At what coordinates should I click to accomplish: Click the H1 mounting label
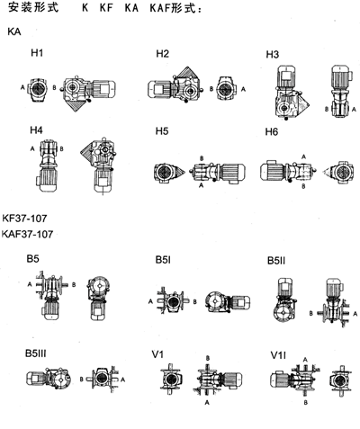37,53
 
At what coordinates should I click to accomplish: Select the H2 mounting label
162,54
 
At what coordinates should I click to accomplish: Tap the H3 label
272,55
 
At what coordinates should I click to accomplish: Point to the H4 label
36,130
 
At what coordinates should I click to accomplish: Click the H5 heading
162,131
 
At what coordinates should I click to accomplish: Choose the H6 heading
272,131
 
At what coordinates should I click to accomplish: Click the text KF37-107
24,219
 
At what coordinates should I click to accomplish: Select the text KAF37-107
27,234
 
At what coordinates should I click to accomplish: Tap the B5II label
276,261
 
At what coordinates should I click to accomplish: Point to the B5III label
36,353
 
